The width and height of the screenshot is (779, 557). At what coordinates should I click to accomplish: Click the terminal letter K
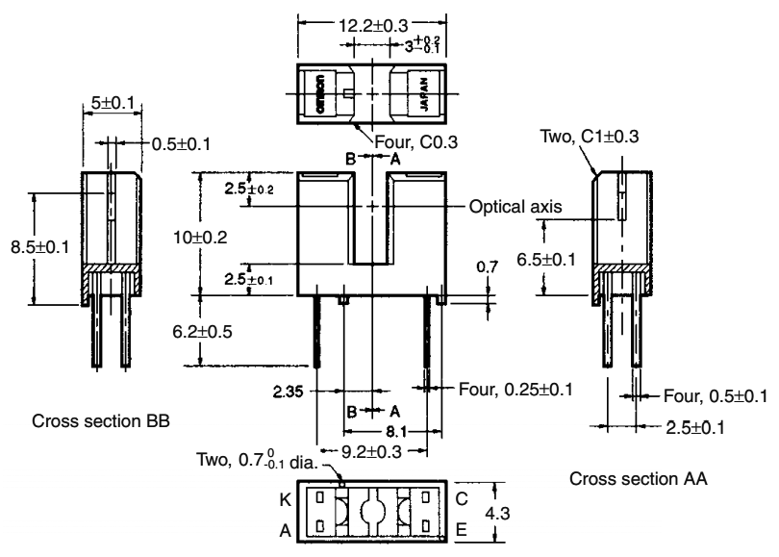pyautogui.click(x=285, y=501)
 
